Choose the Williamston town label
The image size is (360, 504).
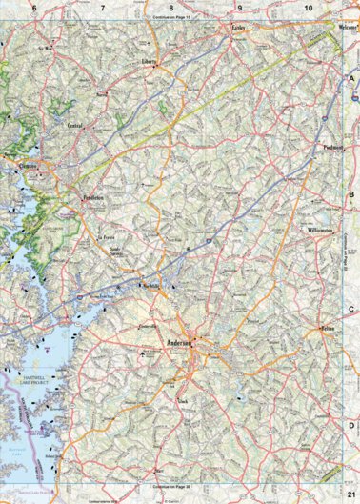[319, 231]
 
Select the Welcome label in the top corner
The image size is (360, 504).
[326, 28]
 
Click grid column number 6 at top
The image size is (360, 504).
[34, 8]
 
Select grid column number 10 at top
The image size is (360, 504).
[309, 8]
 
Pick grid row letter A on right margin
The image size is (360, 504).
[350, 79]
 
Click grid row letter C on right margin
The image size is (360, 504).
[350, 310]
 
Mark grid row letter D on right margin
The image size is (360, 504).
[350, 426]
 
